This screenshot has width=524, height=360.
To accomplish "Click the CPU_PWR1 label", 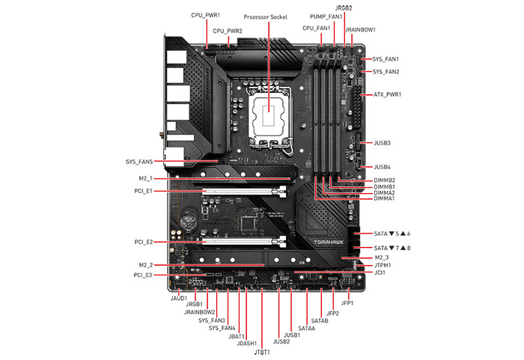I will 205,14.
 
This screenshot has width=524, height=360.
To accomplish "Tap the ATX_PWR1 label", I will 387,95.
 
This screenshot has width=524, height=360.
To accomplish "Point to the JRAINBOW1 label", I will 360,29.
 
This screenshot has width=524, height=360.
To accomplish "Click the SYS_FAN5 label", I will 139,162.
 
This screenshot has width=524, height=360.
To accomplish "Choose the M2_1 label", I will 145,179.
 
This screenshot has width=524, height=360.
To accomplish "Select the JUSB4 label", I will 382,167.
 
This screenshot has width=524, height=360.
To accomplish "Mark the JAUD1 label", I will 179,298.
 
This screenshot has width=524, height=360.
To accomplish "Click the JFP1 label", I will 347,303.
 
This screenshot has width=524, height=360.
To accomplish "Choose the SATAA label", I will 307,328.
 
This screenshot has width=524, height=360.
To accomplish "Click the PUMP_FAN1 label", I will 326,16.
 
